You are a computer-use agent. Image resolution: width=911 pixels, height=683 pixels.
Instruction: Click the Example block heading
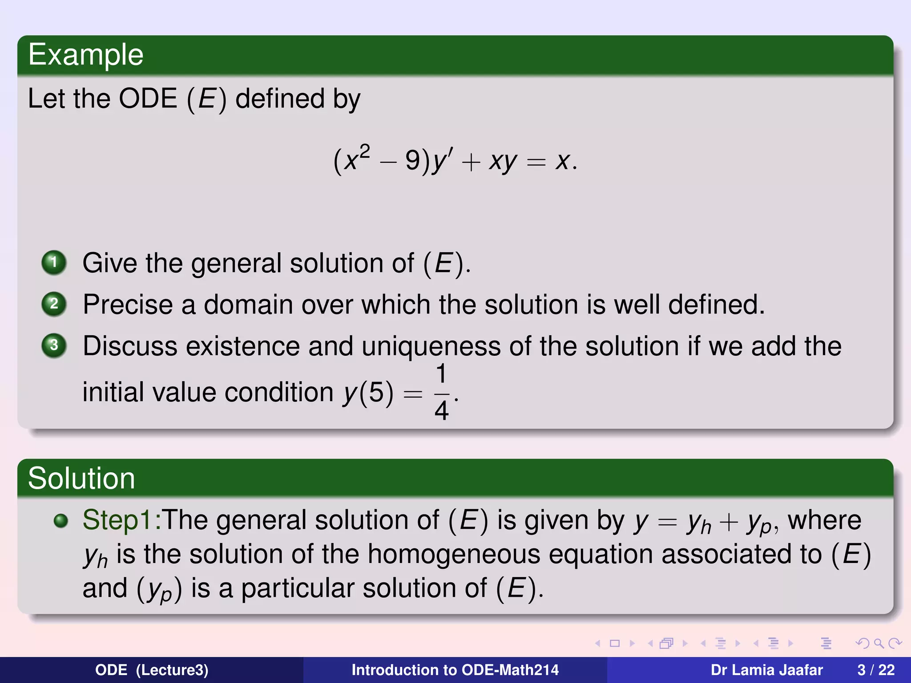point(86,55)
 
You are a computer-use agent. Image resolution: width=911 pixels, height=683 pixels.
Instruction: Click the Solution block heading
point(81,478)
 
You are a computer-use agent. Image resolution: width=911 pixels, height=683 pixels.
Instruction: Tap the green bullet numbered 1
point(54,262)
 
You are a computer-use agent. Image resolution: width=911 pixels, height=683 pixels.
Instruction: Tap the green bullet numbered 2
point(54,304)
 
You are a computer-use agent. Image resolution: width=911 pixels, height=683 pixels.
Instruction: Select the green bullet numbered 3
point(54,346)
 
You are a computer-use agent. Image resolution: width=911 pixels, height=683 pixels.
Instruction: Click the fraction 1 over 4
point(441,392)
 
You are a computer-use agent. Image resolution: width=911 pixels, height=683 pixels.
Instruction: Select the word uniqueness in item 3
point(431,346)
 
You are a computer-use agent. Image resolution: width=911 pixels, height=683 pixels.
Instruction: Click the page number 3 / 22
point(876,670)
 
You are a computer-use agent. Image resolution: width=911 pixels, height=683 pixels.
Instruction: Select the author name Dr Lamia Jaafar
point(766,670)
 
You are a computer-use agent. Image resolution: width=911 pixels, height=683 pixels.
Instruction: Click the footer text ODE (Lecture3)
point(152,670)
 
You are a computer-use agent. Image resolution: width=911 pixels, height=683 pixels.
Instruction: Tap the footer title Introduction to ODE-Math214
point(455,670)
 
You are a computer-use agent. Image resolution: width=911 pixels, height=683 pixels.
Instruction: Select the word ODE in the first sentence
point(148,99)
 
